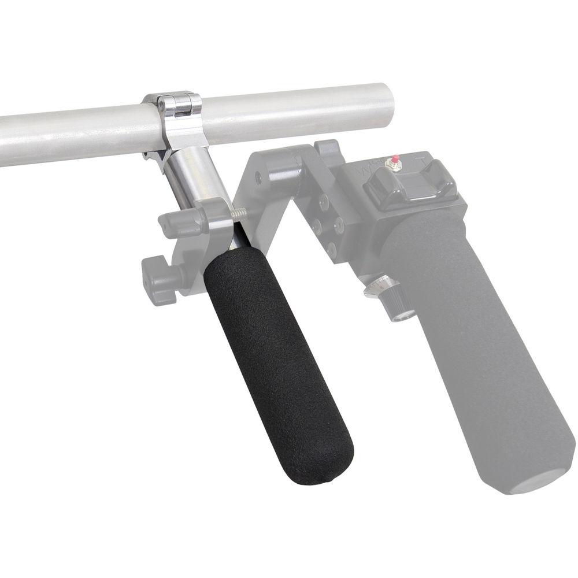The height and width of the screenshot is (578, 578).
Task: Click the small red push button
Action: pyautogui.click(x=396, y=158)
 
